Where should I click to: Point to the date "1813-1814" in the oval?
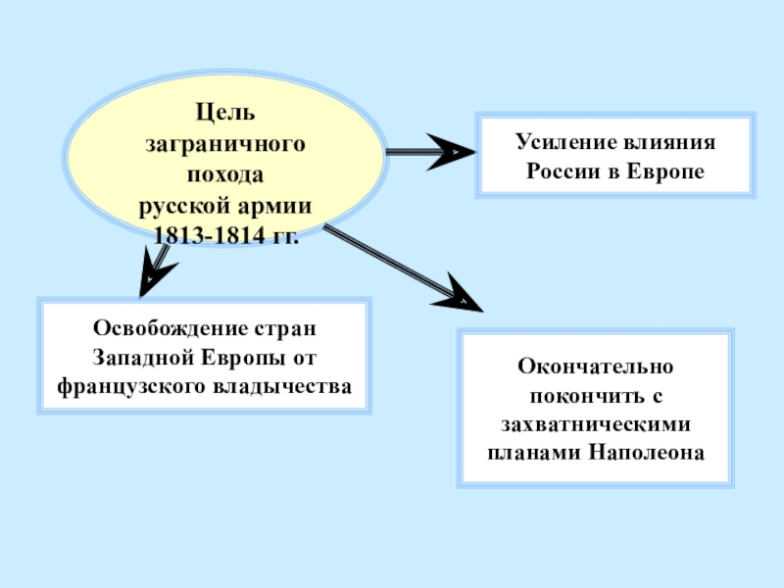(x=202, y=236)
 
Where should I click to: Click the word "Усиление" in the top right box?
(x=560, y=142)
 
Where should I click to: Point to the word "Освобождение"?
(x=167, y=326)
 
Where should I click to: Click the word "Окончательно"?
(x=596, y=367)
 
